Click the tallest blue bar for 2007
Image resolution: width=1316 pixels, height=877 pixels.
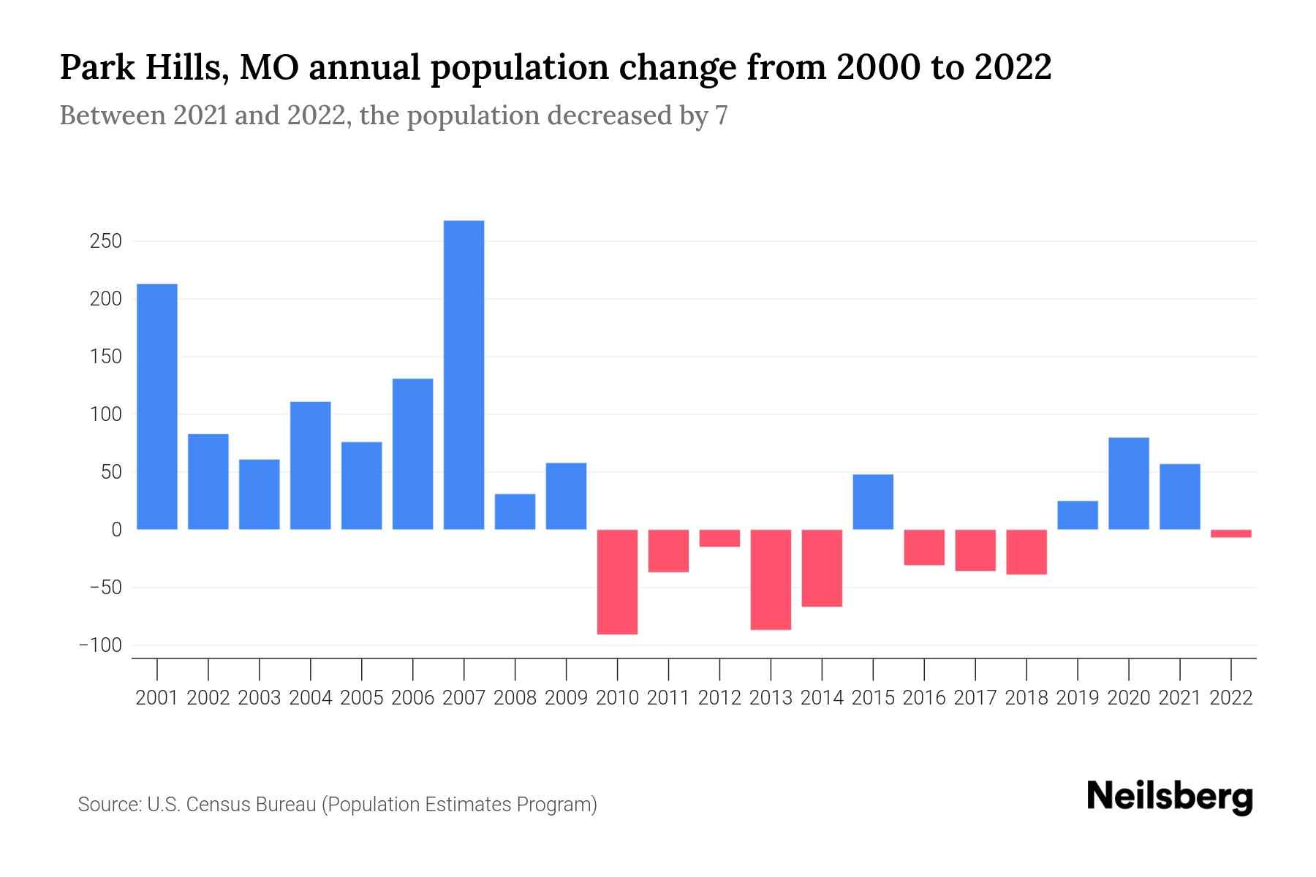point(464,374)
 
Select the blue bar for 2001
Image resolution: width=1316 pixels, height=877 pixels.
point(157,406)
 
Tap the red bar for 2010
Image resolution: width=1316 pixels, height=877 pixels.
point(617,582)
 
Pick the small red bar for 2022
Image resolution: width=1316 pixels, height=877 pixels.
point(1231,534)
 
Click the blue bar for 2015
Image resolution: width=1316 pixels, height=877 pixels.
point(873,502)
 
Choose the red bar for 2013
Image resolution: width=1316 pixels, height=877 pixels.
point(771,580)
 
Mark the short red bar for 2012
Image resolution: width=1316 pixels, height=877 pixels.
point(719,538)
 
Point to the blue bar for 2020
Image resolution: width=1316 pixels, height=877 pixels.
point(1129,483)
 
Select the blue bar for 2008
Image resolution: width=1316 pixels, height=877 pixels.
point(515,512)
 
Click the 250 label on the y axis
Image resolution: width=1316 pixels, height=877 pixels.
point(105,241)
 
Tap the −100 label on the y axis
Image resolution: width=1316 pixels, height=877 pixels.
point(100,645)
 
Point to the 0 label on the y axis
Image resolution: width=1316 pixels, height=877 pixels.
point(116,530)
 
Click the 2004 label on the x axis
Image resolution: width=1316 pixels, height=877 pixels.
point(310,698)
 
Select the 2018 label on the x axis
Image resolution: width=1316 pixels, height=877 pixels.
point(1026,698)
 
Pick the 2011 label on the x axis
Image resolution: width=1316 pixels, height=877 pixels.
point(668,698)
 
